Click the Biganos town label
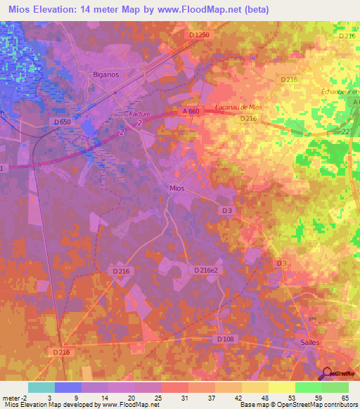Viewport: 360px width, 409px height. (108, 72)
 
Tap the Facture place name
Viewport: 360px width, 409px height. (141, 114)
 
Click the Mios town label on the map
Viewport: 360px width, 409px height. (179, 188)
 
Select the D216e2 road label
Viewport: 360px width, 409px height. (206, 270)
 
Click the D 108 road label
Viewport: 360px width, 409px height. (225, 339)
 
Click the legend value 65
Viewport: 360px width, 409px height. (346, 397)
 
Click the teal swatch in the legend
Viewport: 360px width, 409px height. (41, 387)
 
